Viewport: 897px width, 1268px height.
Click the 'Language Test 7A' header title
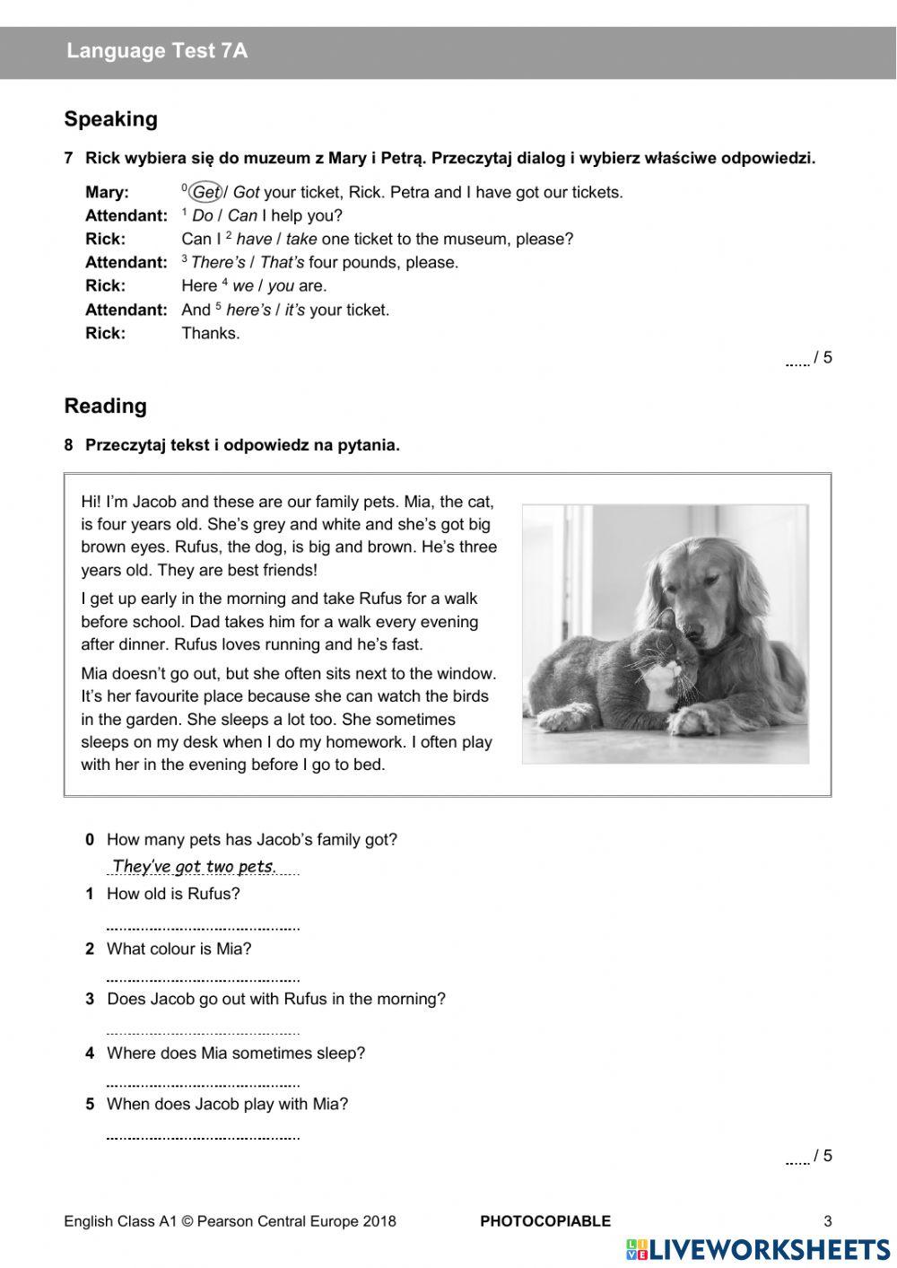point(157,51)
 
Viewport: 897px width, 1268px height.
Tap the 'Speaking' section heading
point(110,119)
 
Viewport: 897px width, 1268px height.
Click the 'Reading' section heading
point(105,406)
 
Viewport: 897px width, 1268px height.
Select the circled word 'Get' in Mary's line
point(206,192)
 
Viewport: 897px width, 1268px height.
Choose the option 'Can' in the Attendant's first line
point(242,215)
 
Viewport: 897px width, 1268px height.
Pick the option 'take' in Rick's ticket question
point(301,239)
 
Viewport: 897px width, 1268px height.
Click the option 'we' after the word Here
point(242,285)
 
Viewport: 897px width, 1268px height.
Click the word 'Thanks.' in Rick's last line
point(211,333)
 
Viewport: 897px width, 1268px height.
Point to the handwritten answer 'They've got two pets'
point(193,866)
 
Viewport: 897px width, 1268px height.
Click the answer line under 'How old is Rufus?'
point(203,924)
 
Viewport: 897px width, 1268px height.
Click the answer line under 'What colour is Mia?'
point(203,977)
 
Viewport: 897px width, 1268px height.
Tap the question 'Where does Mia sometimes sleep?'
point(236,1053)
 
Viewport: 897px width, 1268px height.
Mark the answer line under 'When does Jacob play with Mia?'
point(203,1135)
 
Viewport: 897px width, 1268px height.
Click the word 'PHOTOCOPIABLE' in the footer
point(545,1220)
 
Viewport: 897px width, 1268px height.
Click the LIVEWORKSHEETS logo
point(758,1249)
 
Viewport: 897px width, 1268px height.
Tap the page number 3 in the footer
point(828,1220)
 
